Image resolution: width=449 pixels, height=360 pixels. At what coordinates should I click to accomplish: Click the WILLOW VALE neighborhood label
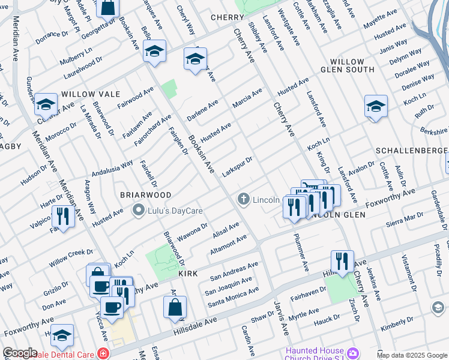[x=91, y=95]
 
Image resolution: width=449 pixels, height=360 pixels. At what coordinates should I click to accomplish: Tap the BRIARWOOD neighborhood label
[x=145, y=195]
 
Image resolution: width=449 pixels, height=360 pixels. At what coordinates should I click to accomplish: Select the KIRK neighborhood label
[x=188, y=273]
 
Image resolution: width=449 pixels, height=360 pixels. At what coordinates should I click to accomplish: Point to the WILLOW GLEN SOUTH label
[x=347, y=67]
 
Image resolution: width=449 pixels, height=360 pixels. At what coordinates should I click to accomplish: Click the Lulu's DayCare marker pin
[x=139, y=211]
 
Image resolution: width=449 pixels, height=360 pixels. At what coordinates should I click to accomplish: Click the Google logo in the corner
[x=20, y=353]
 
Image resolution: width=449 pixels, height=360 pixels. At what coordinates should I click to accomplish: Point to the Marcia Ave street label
[x=247, y=98]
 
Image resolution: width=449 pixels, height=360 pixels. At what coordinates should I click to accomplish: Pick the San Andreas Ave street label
[x=234, y=271]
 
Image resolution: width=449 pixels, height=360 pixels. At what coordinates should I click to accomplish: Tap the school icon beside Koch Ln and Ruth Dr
[x=376, y=106]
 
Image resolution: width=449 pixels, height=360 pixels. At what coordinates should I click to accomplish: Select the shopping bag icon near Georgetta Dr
[x=108, y=7]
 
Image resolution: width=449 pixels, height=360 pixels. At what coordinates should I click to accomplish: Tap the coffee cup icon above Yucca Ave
[x=110, y=307]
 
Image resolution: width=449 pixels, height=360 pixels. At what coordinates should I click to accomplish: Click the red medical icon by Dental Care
[x=104, y=353]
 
